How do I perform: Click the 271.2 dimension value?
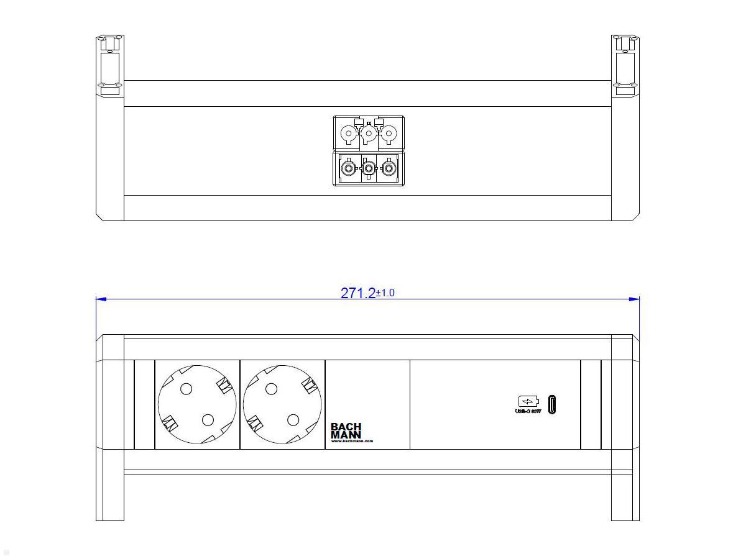(x=357, y=293)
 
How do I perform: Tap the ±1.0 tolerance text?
(x=385, y=293)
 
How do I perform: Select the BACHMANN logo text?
(x=346, y=430)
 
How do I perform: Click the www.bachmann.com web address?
(x=352, y=441)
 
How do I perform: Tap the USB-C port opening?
(x=552, y=404)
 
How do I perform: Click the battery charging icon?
(x=528, y=401)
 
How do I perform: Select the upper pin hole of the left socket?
(x=185, y=389)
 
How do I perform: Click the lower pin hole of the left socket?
(x=208, y=420)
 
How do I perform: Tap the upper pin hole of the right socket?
(x=270, y=389)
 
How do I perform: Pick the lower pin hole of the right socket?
(x=293, y=420)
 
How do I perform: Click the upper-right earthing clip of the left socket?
(x=224, y=386)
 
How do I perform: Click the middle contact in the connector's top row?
(x=369, y=134)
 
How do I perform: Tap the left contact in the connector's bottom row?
(x=349, y=168)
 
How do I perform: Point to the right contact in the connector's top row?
(x=389, y=134)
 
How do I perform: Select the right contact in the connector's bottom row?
(x=389, y=168)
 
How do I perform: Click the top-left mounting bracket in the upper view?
(x=110, y=65)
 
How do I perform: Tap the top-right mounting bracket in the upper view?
(x=625, y=65)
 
